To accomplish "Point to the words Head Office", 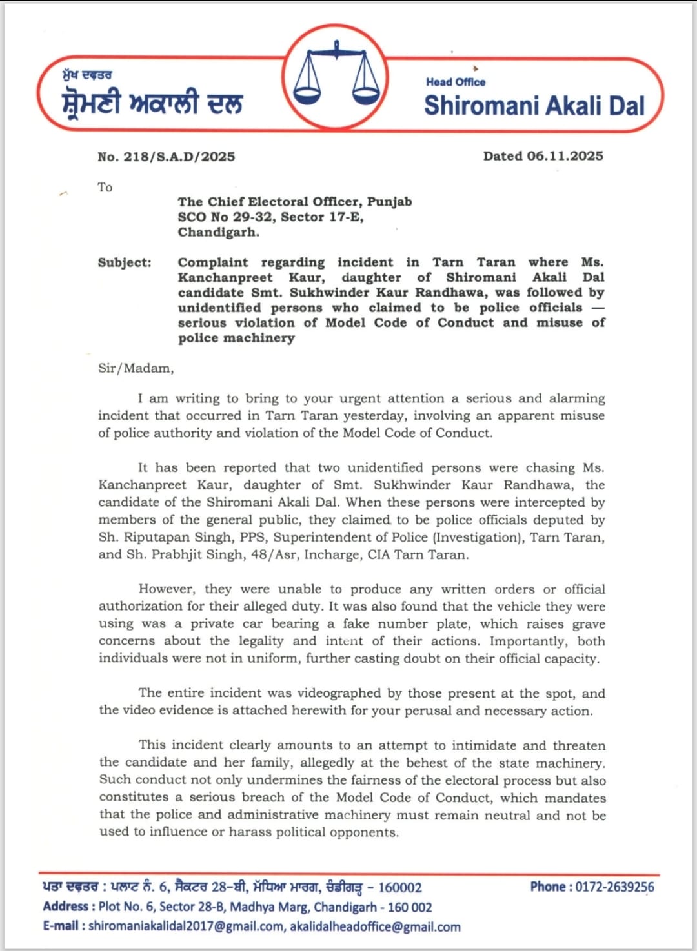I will [x=455, y=82].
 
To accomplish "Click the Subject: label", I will [x=125, y=262].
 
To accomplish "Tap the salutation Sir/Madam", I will [x=136, y=369].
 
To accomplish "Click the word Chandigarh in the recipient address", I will [x=218, y=232].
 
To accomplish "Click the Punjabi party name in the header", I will [x=152, y=103].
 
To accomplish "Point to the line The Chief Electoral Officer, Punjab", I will [x=295, y=202].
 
